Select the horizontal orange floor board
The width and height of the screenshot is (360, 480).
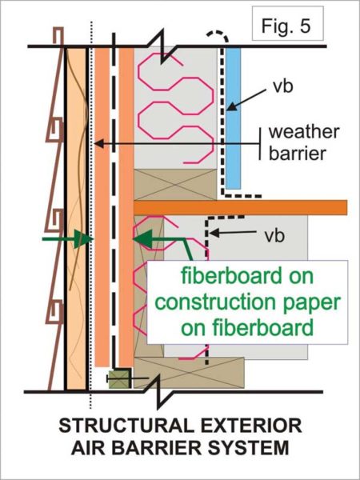(240, 207)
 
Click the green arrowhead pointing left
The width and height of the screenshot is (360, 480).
(142, 238)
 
